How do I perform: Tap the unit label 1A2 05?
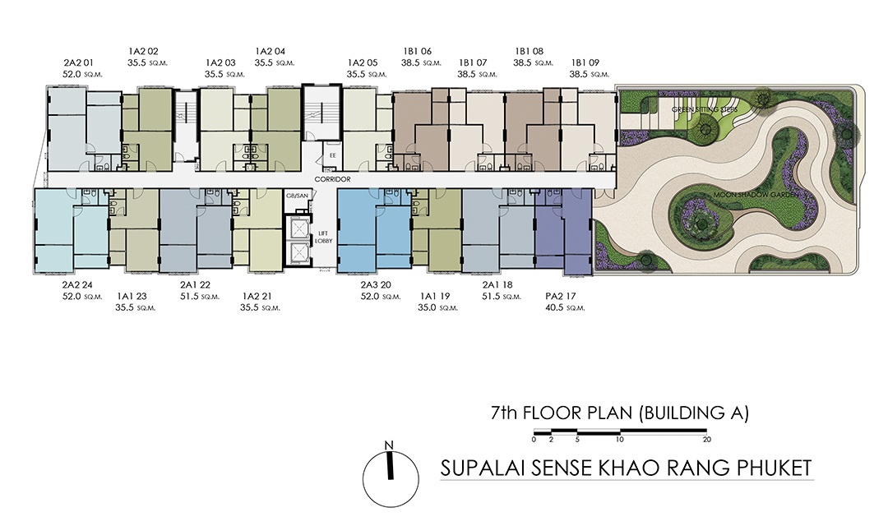click(x=363, y=62)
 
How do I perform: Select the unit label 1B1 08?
click(x=529, y=52)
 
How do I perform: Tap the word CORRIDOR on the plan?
click(x=332, y=179)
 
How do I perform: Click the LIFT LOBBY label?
click(x=323, y=238)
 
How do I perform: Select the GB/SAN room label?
click(x=298, y=196)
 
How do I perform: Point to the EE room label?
click(x=333, y=155)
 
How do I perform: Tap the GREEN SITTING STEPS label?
click(x=705, y=108)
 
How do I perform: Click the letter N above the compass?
click(x=388, y=445)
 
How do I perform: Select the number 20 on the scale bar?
click(x=706, y=440)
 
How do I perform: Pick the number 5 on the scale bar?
click(x=577, y=440)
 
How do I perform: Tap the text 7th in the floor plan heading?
click(x=505, y=413)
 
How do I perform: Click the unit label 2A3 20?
click(x=376, y=285)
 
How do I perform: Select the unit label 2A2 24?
click(x=77, y=285)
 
